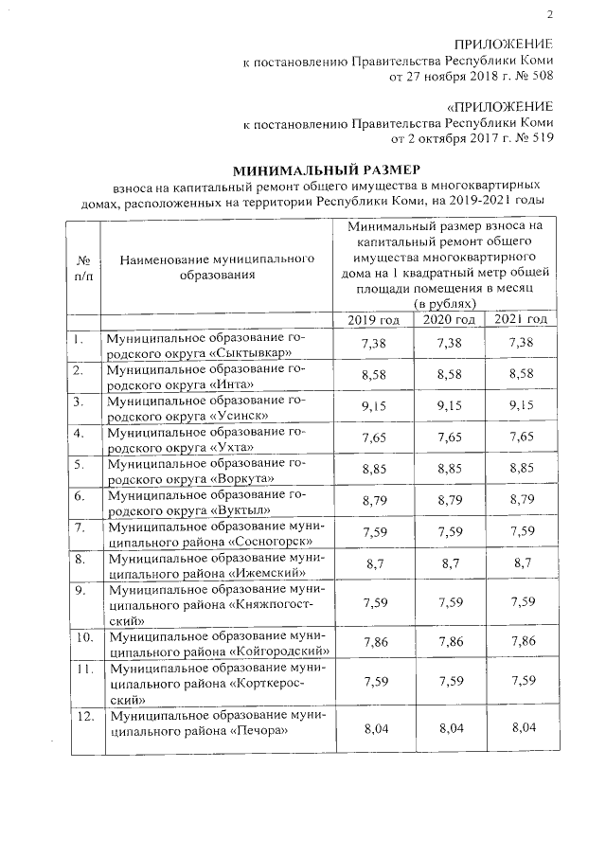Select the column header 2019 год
point(373,320)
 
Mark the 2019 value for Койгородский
point(373,642)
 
